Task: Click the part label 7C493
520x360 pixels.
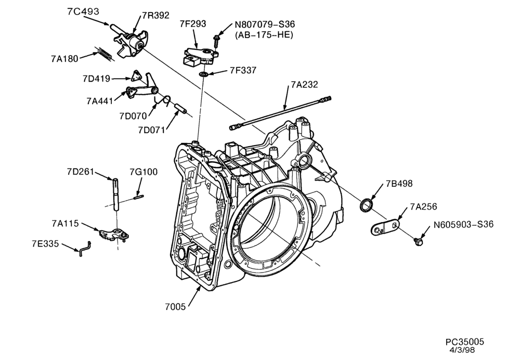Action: click(83, 11)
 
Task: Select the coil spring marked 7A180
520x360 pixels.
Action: click(105, 54)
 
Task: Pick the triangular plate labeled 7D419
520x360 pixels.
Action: click(135, 76)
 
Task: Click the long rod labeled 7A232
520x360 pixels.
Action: click(280, 112)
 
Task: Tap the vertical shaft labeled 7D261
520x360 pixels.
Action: click(115, 195)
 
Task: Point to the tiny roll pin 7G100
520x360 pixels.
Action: click(139, 197)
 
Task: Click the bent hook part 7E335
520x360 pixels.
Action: click(85, 249)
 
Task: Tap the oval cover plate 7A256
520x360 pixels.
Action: click(385, 227)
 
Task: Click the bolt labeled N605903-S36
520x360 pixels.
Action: click(418, 241)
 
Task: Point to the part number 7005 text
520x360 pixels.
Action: click(175, 307)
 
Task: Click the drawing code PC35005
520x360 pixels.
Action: click(464, 341)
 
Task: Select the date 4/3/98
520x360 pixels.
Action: click(462, 350)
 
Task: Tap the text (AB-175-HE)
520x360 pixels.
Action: click(264, 35)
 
